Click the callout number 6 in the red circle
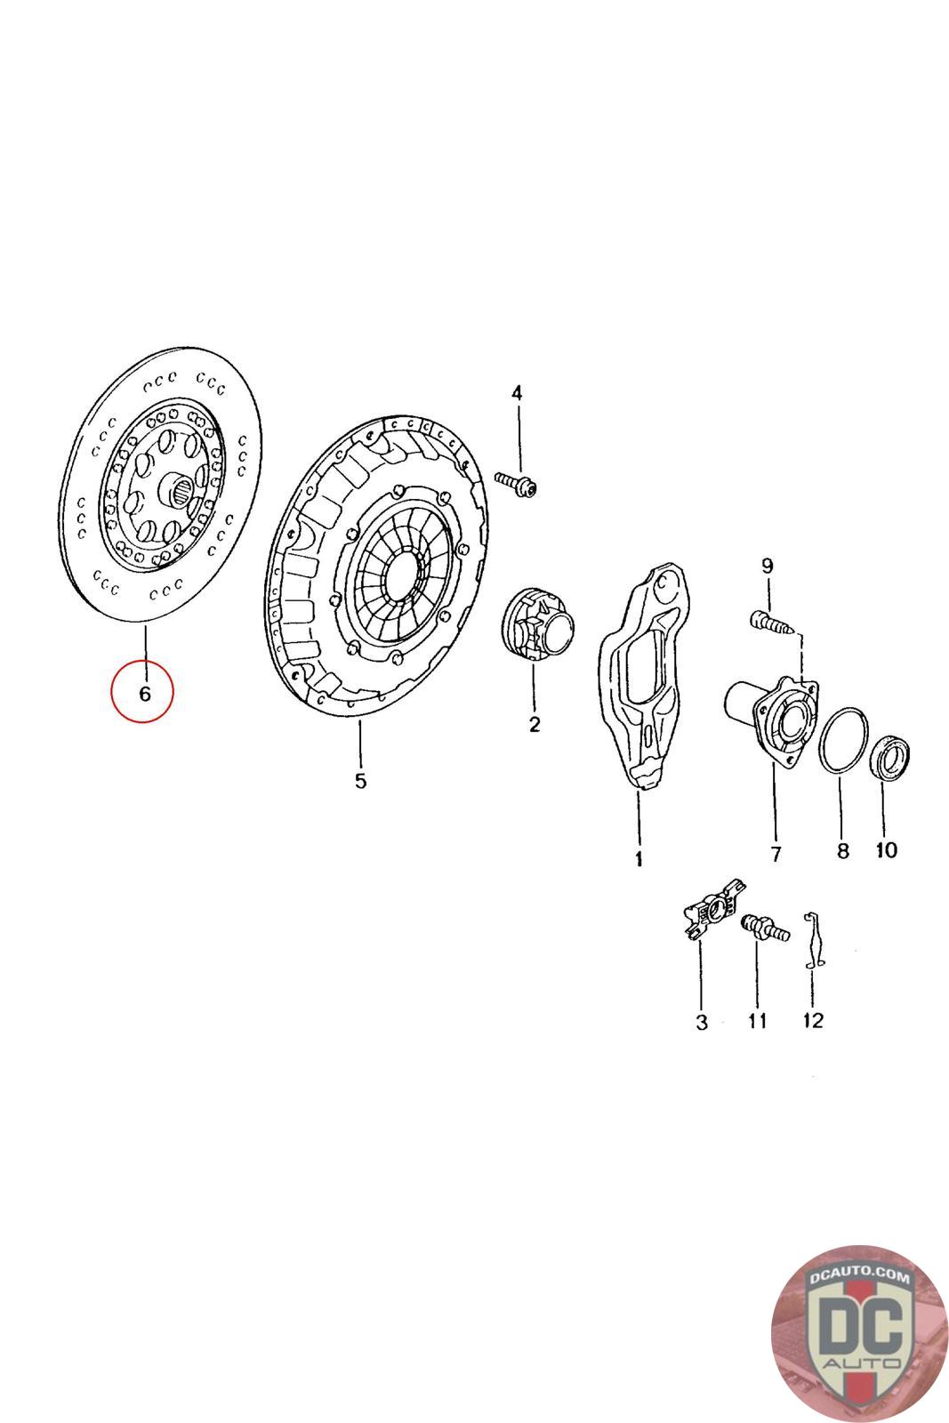click(145, 693)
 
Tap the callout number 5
click(361, 781)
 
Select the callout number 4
click(517, 393)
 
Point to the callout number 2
click(535, 724)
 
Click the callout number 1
click(639, 859)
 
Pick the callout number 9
click(768, 566)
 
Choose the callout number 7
click(776, 855)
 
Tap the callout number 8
click(843, 850)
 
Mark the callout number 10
click(886, 850)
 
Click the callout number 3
click(701, 1023)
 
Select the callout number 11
click(757, 1021)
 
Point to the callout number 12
click(813, 1020)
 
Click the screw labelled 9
click(771, 622)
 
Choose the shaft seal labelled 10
click(890, 756)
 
